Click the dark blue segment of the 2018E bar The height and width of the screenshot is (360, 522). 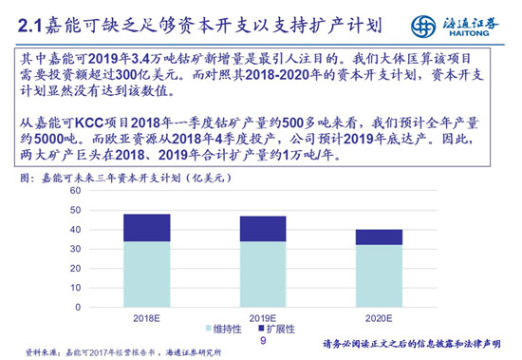[x=146, y=228]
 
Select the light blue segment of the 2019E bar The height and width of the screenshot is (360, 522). [x=263, y=275]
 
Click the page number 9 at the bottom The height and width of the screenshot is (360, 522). [x=262, y=338]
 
